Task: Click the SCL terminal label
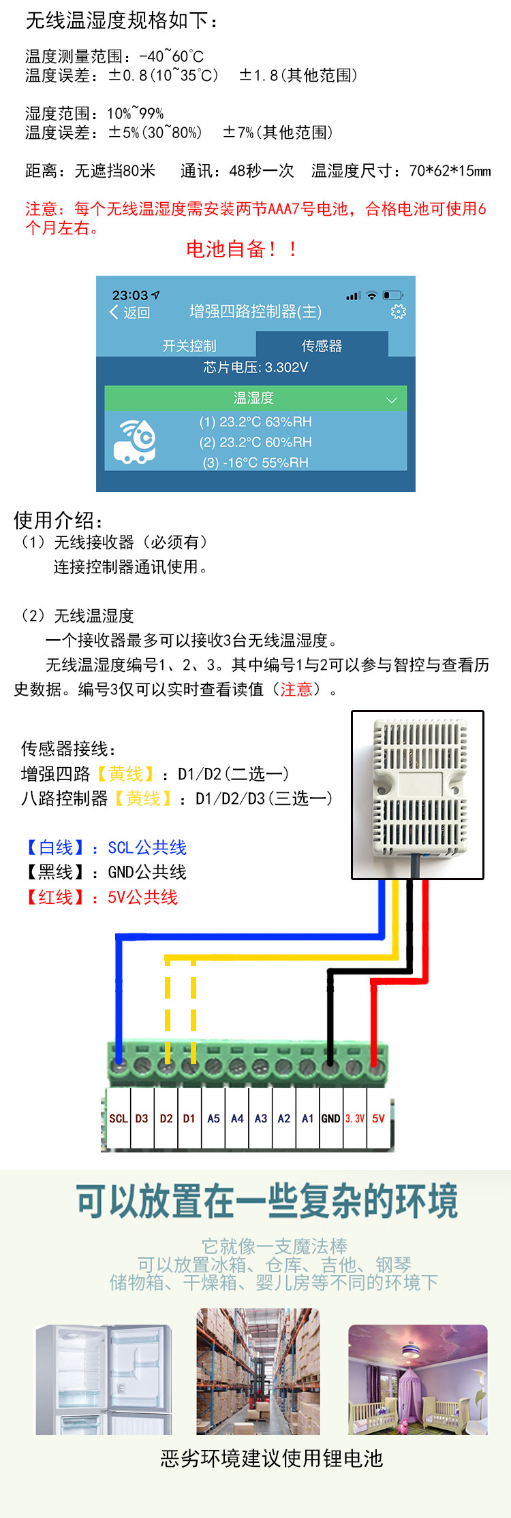click(x=118, y=1118)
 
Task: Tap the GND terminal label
click(x=330, y=1118)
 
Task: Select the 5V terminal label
click(x=378, y=1118)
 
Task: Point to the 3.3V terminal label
click(x=354, y=1118)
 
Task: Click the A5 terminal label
click(x=213, y=1118)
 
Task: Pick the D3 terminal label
click(x=142, y=1118)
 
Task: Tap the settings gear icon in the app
click(x=398, y=312)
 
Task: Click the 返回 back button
click(x=130, y=312)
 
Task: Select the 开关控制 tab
click(x=189, y=346)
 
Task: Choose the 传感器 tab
click(x=322, y=346)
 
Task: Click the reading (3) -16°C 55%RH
click(x=255, y=463)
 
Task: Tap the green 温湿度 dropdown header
click(x=255, y=398)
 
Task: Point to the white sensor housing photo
click(x=417, y=794)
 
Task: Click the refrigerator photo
click(x=104, y=1379)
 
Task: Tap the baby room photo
click(x=418, y=1379)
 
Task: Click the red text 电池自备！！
click(x=242, y=249)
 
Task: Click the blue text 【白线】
click(x=56, y=847)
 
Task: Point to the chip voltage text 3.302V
click(x=255, y=368)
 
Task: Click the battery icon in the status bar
click(x=392, y=295)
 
